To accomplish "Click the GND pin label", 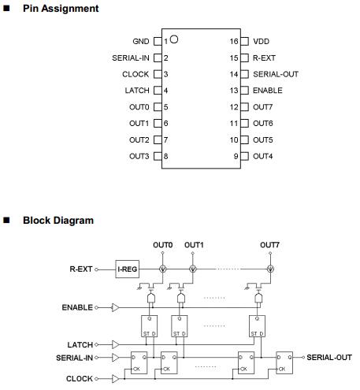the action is [141, 41].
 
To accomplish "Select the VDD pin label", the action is [262, 41].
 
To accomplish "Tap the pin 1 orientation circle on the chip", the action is [174, 39].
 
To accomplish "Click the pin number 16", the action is [234, 41].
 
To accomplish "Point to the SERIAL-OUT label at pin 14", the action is [276, 74].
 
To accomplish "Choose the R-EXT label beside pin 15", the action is [264, 58].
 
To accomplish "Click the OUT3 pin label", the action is [139, 156].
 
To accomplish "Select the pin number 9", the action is [236, 156].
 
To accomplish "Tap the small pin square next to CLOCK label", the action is [158, 74].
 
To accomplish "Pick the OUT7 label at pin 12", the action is [263, 107].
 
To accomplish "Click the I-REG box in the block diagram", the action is [128, 269].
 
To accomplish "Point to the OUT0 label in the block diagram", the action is [163, 245].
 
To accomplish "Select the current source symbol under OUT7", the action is [270, 269].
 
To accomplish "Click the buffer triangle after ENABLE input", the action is [115, 307].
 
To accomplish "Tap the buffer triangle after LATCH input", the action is [115, 344].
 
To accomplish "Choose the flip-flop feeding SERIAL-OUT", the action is [284, 362].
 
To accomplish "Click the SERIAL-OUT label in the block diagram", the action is [329, 358].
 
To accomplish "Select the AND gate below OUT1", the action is [180, 298].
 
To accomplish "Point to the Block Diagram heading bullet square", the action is [6, 220].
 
